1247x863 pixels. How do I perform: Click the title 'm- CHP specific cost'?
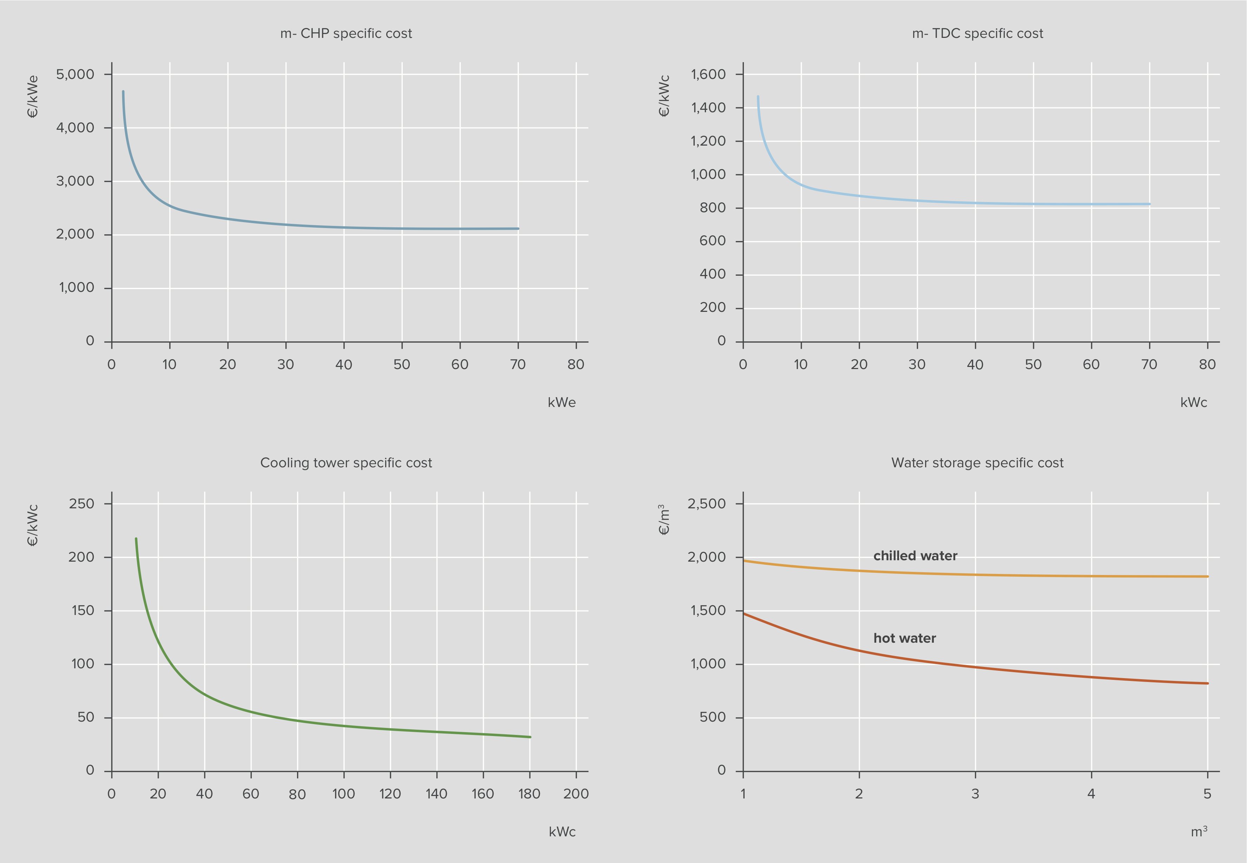[346, 34]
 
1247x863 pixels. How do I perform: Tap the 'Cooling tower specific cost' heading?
[346, 463]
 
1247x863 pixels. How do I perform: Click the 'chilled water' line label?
[915, 556]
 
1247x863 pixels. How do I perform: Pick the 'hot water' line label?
[905, 638]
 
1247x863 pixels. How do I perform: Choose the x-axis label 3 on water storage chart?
[975, 794]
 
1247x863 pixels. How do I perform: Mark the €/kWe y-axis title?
[33, 96]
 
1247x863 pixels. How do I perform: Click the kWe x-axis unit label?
[562, 402]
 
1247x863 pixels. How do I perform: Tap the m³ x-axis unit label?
[1199, 831]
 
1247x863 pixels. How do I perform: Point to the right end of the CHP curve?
[518, 229]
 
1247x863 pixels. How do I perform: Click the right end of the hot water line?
[1207, 683]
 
